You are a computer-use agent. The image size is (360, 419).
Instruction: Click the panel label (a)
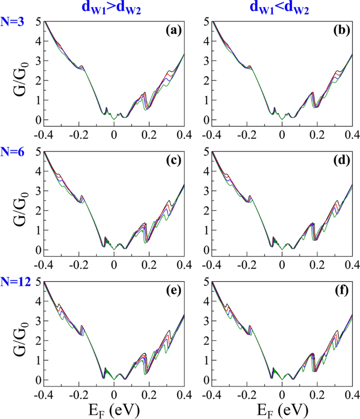coord(173,30)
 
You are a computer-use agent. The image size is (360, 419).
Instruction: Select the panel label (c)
coord(173,160)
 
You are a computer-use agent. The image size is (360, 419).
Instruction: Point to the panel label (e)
coord(173,290)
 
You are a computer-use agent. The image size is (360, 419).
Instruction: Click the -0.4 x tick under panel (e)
coord(44,394)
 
